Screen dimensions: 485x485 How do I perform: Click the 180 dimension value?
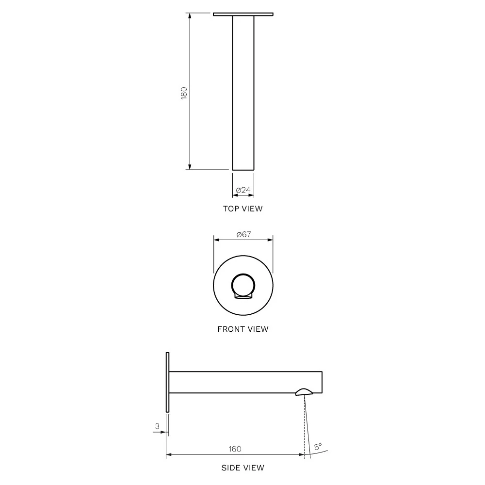pos(184,93)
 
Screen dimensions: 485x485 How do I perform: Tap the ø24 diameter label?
pos(243,190)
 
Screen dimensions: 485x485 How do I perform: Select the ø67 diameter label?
pos(244,234)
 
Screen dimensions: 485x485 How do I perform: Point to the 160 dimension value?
pos(235,449)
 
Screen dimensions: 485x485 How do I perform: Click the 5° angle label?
pos(318,446)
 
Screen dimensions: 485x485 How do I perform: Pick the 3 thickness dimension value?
pos(157,426)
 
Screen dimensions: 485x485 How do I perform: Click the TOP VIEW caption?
pos(243,209)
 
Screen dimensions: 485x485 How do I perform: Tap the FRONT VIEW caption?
pos(243,329)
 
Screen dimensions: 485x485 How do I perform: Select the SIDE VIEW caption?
pos(243,468)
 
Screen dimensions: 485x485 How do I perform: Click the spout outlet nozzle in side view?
pos(305,392)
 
